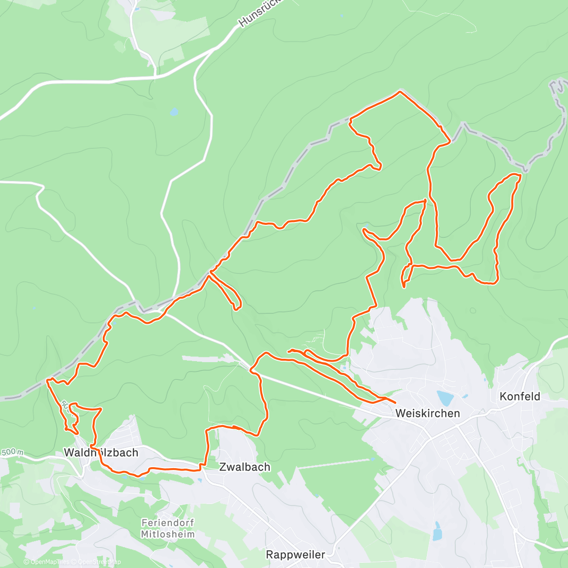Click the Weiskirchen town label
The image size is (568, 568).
[x=427, y=413]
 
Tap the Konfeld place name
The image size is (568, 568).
[x=520, y=397]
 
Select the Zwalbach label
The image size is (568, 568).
[x=245, y=467]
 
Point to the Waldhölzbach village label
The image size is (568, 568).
[x=101, y=453]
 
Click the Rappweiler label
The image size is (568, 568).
[x=295, y=554]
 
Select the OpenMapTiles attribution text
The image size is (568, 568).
[x=46, y=562]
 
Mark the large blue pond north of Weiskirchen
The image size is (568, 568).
[x=444, y=397]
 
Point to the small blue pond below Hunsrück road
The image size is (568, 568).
[x=174, y=112]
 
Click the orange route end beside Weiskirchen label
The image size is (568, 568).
[x=395, y=402]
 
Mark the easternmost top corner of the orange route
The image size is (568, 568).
[x=520, y=176]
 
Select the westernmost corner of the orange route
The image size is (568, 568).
[x=47, y=380]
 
